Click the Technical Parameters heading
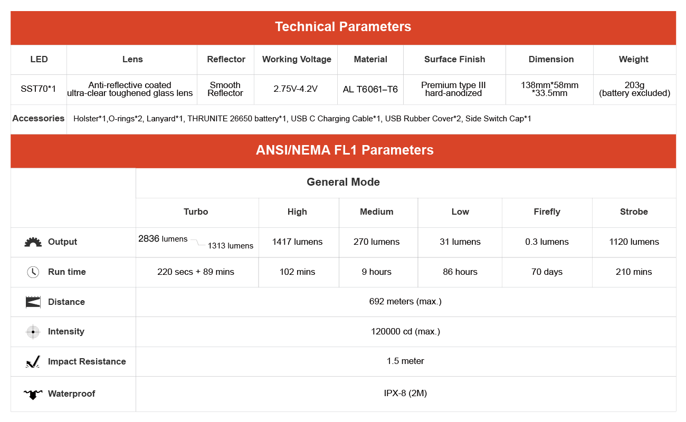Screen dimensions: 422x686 (x=343, y=27)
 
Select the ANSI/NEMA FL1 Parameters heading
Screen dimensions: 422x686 (x=345, y=150)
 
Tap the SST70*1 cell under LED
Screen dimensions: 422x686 (x=39, y=89)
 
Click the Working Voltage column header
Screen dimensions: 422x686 (x=297, y=60)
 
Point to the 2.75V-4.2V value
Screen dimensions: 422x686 (x=296, y=89)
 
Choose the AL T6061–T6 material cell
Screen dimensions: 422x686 (x=370, y=89)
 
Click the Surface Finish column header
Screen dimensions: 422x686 (x=454, y=60)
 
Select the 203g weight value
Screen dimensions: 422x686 (x=634, y=85)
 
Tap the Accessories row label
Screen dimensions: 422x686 (x=39, y=119)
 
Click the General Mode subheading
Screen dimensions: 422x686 (x=343, y=183)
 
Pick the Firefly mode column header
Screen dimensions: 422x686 (x=547, y=212)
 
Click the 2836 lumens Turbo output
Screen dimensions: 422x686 (x=163, y=239)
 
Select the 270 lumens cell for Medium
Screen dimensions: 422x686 (x=376, y=242)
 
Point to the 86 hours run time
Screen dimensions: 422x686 (x=460, y=272)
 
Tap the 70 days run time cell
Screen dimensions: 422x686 (x=547, y=272)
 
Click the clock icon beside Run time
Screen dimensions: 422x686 (x=33, y=272)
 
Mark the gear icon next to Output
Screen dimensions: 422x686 (x=33, y=242)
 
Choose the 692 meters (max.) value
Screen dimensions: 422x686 (x=405, y=302)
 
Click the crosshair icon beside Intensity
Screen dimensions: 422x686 (x=33, y=332)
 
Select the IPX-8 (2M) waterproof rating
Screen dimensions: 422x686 (x=405, y=394)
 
